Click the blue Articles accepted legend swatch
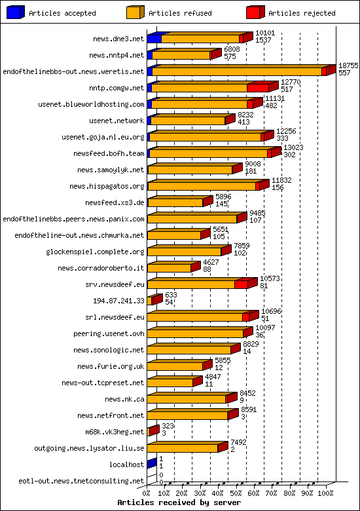click(x=15, y=12)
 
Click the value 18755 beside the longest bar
click(x=348, y=66)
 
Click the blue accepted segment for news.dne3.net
click(x=154, y=39)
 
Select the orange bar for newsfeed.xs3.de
click(x=175, y=202)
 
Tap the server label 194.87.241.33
click(x=120, y=301)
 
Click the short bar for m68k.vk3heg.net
click(x=153, y=432)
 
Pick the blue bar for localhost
click(x=151, y=464)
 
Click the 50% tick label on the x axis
click(x=236, y=492)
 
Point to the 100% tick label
click(x=326, y=492)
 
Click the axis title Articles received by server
click(x=179, y=502)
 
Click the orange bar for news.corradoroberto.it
click(x=169, y=268)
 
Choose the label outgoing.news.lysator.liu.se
click(x=89, y=448)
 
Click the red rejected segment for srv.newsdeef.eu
click(x=241, y=284)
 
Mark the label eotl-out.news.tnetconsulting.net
click(x=81, y=481)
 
